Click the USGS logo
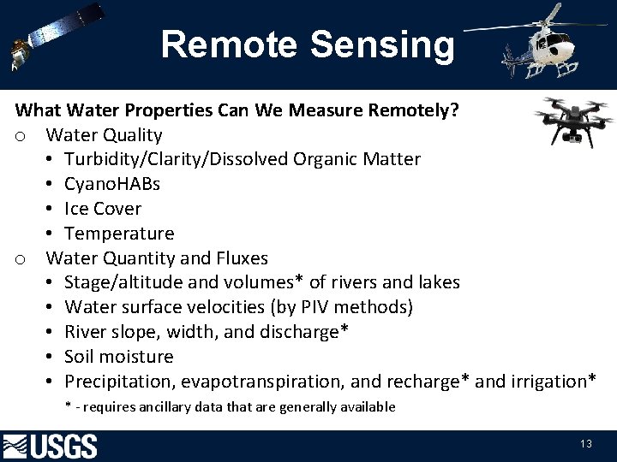51,446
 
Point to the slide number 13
586,443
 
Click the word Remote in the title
219,44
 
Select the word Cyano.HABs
112,184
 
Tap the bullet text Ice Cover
103,209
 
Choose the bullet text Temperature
119,234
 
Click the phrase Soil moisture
119,357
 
